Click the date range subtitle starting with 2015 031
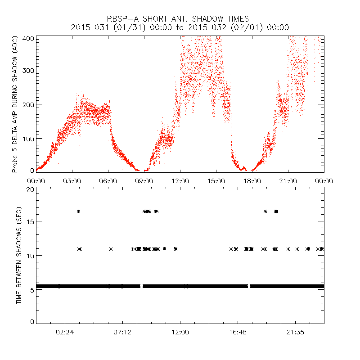(x=180, y=27)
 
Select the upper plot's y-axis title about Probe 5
(x=16, y=105)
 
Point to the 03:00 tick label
(x=72, y=181)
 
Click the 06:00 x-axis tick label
(x=108, y=181)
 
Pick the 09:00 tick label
(x=144, y=181)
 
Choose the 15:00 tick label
(x=216, y=181)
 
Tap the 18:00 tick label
(x=252, y=181)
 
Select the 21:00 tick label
(x=288, y=181)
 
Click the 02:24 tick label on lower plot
(x=65, y=332)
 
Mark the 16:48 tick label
(x=238, y=332)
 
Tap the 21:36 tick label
(x=295, y=332)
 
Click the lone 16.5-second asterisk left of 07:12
(x=78, y=211)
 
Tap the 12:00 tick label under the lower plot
(x=180, y=332)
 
